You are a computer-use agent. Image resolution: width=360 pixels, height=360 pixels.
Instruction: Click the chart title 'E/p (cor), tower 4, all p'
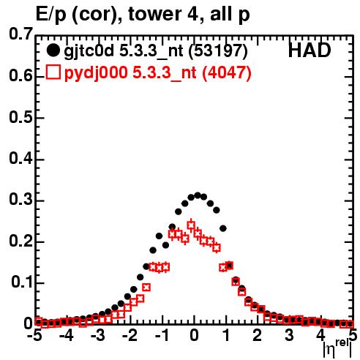pyautogui.click(x=143, y=14)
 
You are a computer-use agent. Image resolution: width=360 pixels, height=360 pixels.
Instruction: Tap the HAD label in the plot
pyautogui.click(x=310, y=50)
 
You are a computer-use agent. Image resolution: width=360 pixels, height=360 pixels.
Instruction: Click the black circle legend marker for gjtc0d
pyautogui.click(x=53, y=50)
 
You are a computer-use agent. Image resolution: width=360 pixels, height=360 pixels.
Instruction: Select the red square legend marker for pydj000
pyautogui.click(x=53, y=72)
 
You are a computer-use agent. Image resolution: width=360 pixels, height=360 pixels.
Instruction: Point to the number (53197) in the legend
pyautogui.click(x=218, y=51)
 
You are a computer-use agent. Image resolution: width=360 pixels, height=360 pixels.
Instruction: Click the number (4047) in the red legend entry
pyautogui.click(x=227, y=72)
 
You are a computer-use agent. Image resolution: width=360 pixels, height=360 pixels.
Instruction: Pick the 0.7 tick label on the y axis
pyautogui.click(x=20, y=34)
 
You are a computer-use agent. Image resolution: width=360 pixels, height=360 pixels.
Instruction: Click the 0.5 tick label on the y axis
pyautogui.click(x=20, y=118)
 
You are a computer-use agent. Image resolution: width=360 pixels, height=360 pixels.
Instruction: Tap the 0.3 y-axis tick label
pyautogui.click(x=20, y=200)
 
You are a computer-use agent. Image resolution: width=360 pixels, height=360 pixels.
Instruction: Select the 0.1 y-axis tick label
pyautogui.click(x=21, y=282)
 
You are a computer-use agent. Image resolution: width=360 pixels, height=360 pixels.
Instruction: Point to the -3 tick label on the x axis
pyautogui.click(x=98, y=336)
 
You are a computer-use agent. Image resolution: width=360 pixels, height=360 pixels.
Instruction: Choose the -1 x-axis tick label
pyautogui.click(x=162, y=336)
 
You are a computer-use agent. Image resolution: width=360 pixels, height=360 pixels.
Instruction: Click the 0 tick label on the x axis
pyautogui.click(x=194, y=336)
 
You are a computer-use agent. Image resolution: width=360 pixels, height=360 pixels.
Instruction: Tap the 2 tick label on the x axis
pyautogui.click(x=258, y=336)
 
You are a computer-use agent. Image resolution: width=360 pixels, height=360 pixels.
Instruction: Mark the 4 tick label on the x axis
pyautogui.click(x=320, y=336)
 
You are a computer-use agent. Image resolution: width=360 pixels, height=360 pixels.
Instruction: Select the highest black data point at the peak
pyautogui.click(x=198, y=195)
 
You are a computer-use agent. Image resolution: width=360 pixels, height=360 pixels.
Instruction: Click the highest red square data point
pyautogui.click(x=191, y=225)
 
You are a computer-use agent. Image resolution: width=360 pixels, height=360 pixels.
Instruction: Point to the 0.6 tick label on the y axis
pyautogui.click(x=20, y=76)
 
